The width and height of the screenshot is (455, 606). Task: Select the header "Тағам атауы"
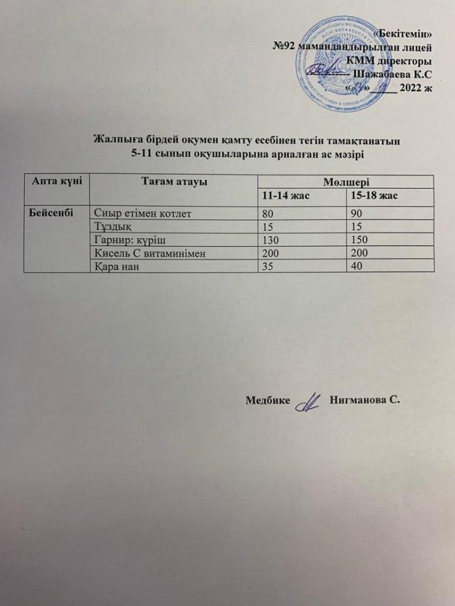click(x=172, y=182)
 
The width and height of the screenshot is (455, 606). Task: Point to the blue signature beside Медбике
click(x=310, y=401)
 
